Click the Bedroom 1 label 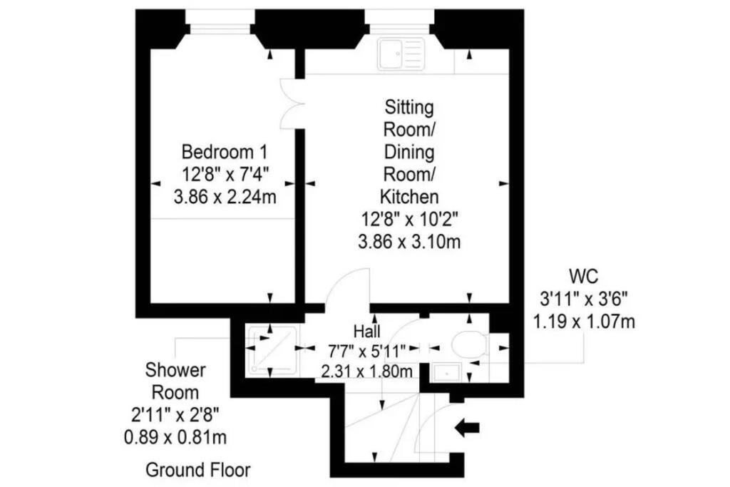pyautogui.click(x=225, y=153)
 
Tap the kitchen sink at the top pyautogui.click(x=401, y=54)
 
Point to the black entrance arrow pyautogui.click(x=466, y=427)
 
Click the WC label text pyautogui.click(x=584, y=277)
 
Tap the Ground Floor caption pyautogui.click(x=198, y=470)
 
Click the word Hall pyautogui.click(x=367, y=331)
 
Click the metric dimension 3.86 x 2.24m pyautogui.click(x=225, y=197)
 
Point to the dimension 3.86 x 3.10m pyautogui.click(x=409, y=242)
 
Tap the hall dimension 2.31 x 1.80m pyautogui.click(x=367, y=371)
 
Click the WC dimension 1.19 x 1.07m pyautogui.click(x=584, y=322)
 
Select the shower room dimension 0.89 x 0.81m pyautogui.click(x=175, y=437)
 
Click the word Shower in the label pyautogui.click(x=175, y=370)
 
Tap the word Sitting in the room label pyautogui.click(x=409, y=108)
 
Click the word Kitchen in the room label pyautogui.click(x=409, y=197)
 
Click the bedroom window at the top pyautogui.click(x=220, y=28)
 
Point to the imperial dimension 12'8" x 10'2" pyautogui.click(x=409, y=220)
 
